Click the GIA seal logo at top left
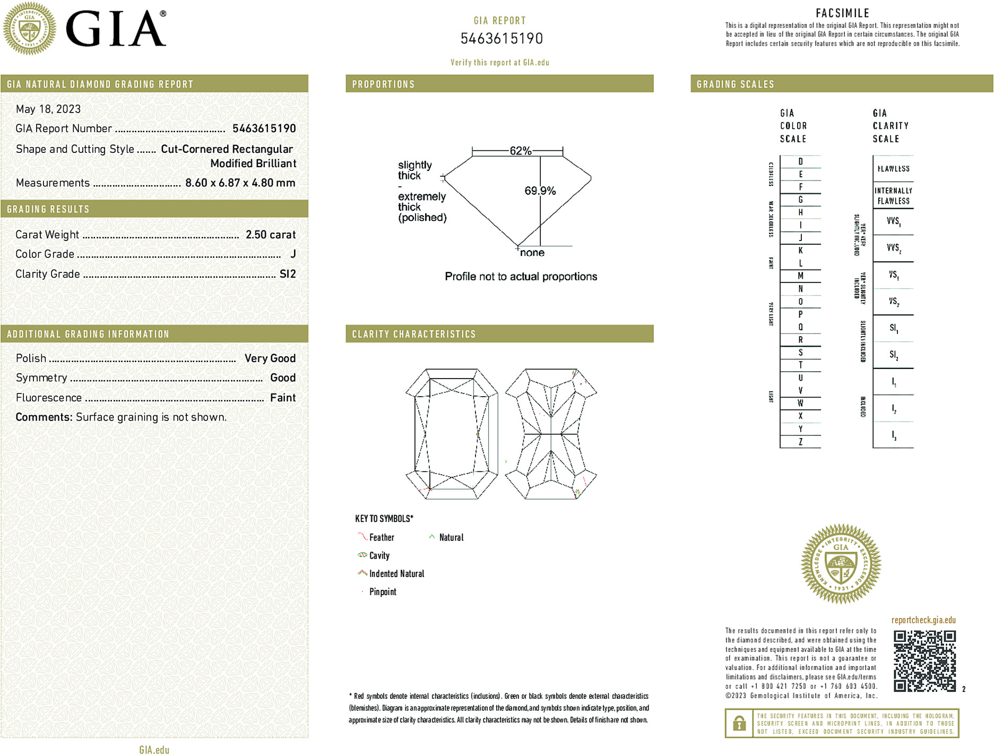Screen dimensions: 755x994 click(x=29, y=28)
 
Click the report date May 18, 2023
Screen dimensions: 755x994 click(x=48, y=109)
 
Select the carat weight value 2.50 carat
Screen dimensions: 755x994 click(x=270, y=235)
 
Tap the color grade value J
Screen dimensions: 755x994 click(x=293, y=254)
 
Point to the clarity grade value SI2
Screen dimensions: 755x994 click(x=288, y=274)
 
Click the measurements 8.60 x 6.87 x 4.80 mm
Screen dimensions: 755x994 click(x=240, y=183)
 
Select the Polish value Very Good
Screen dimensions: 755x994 click(x=270, y=358)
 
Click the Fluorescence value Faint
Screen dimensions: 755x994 click(x=282, y=398)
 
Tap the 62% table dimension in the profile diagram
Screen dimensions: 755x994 click(x=520, y=151)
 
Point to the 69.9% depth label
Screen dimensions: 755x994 click(x=540, y=191)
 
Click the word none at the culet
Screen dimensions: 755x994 click(x=532, y=253)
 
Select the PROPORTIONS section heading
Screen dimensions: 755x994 click(x=383, y=84)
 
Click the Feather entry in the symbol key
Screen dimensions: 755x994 click(x=382, y=537)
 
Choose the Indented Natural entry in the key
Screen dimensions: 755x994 click(x=396, y=573)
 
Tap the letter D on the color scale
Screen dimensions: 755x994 click(x=800, y=161)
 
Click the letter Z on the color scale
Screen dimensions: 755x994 click(x=800, y=442)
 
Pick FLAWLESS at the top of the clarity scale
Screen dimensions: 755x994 click(x=893, y=169)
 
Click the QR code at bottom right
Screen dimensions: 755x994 click(x=924, y=661)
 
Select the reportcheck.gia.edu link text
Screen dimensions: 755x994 click(x=923, y=620)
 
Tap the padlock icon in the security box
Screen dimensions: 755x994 click(x=739, y=723)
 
